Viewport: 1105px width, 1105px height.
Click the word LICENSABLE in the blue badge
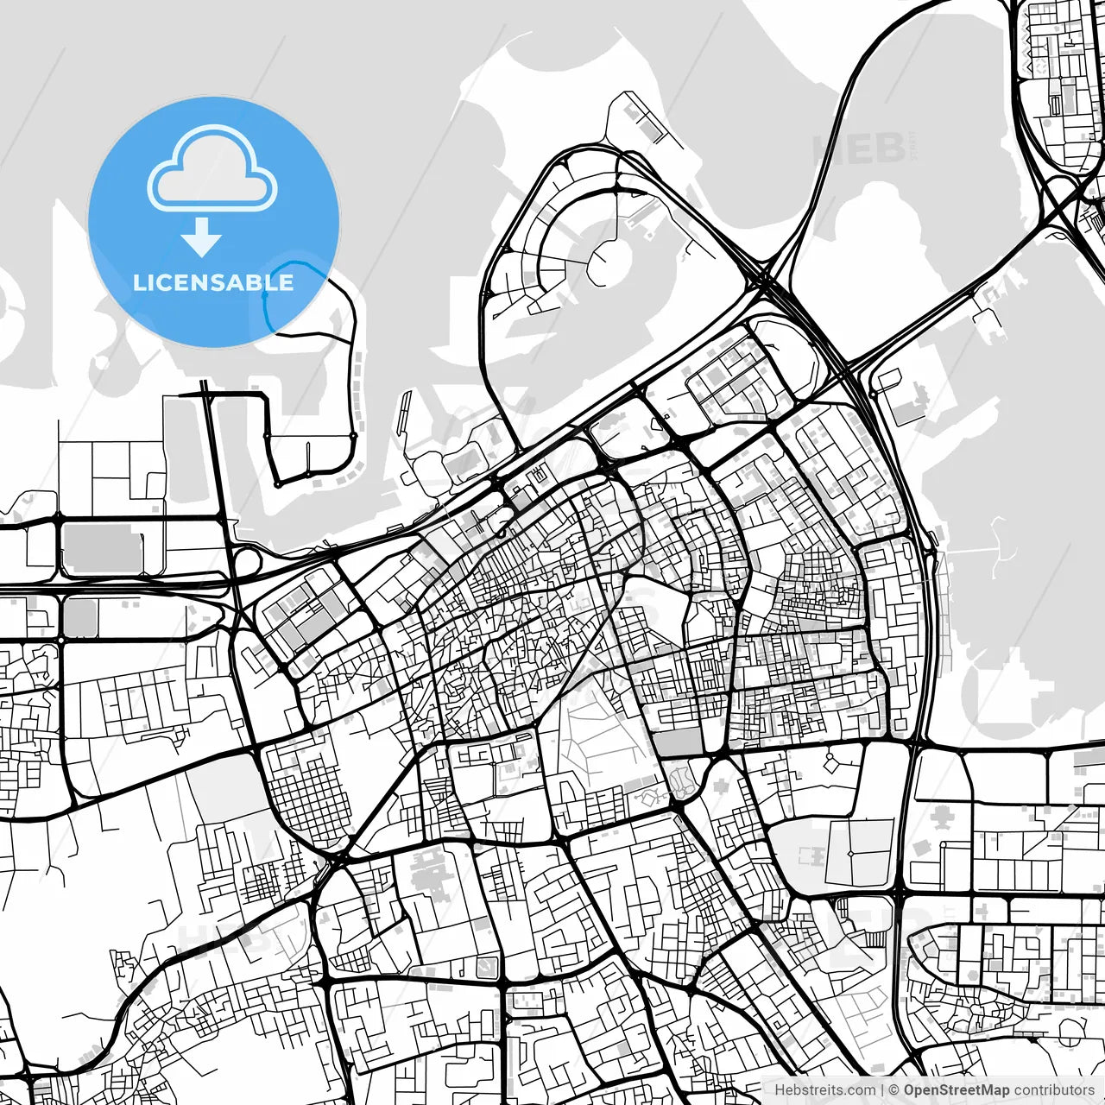[x=213, y=282]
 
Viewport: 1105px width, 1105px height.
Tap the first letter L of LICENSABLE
[x=138, y=283]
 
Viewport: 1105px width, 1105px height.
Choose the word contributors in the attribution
[x=1053, y=1089]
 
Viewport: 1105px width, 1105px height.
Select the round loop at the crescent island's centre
[x=610, y=260]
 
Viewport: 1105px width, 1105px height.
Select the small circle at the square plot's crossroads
[x=851, y=853]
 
